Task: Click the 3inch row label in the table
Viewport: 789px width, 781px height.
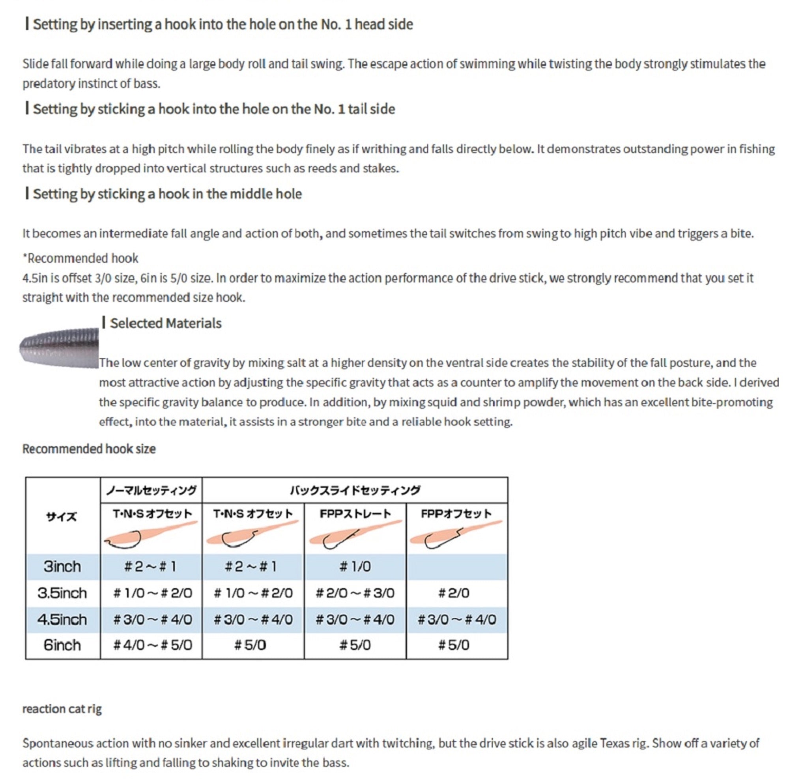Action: tap(62, 567)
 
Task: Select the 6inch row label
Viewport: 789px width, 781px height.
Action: tap(62, 645)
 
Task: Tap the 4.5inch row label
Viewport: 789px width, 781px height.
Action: tap(62, 620)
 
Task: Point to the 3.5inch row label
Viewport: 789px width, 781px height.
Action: tap(62, 593)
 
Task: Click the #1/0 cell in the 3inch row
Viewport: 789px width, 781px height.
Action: tap(355, 567)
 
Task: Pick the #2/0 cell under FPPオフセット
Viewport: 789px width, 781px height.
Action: tap(454, 593)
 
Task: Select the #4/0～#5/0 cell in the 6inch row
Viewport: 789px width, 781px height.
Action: tap(152, 645)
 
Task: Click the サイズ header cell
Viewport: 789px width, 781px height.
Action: tap(61, 517)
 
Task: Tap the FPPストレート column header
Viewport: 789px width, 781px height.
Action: tap(355, 514)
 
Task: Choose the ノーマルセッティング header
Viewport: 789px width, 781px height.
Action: tap(151, 490)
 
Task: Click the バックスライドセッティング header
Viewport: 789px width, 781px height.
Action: tap(355, 490)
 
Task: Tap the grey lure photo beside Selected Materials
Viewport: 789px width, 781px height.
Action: tap(60, 348)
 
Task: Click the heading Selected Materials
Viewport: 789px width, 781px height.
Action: tap(165, 323)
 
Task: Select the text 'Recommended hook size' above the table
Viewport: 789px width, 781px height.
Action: tap(89, 449)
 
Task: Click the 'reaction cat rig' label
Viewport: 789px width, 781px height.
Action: tap(62, 709)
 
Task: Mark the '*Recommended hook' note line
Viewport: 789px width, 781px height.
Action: tap(81, 258)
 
